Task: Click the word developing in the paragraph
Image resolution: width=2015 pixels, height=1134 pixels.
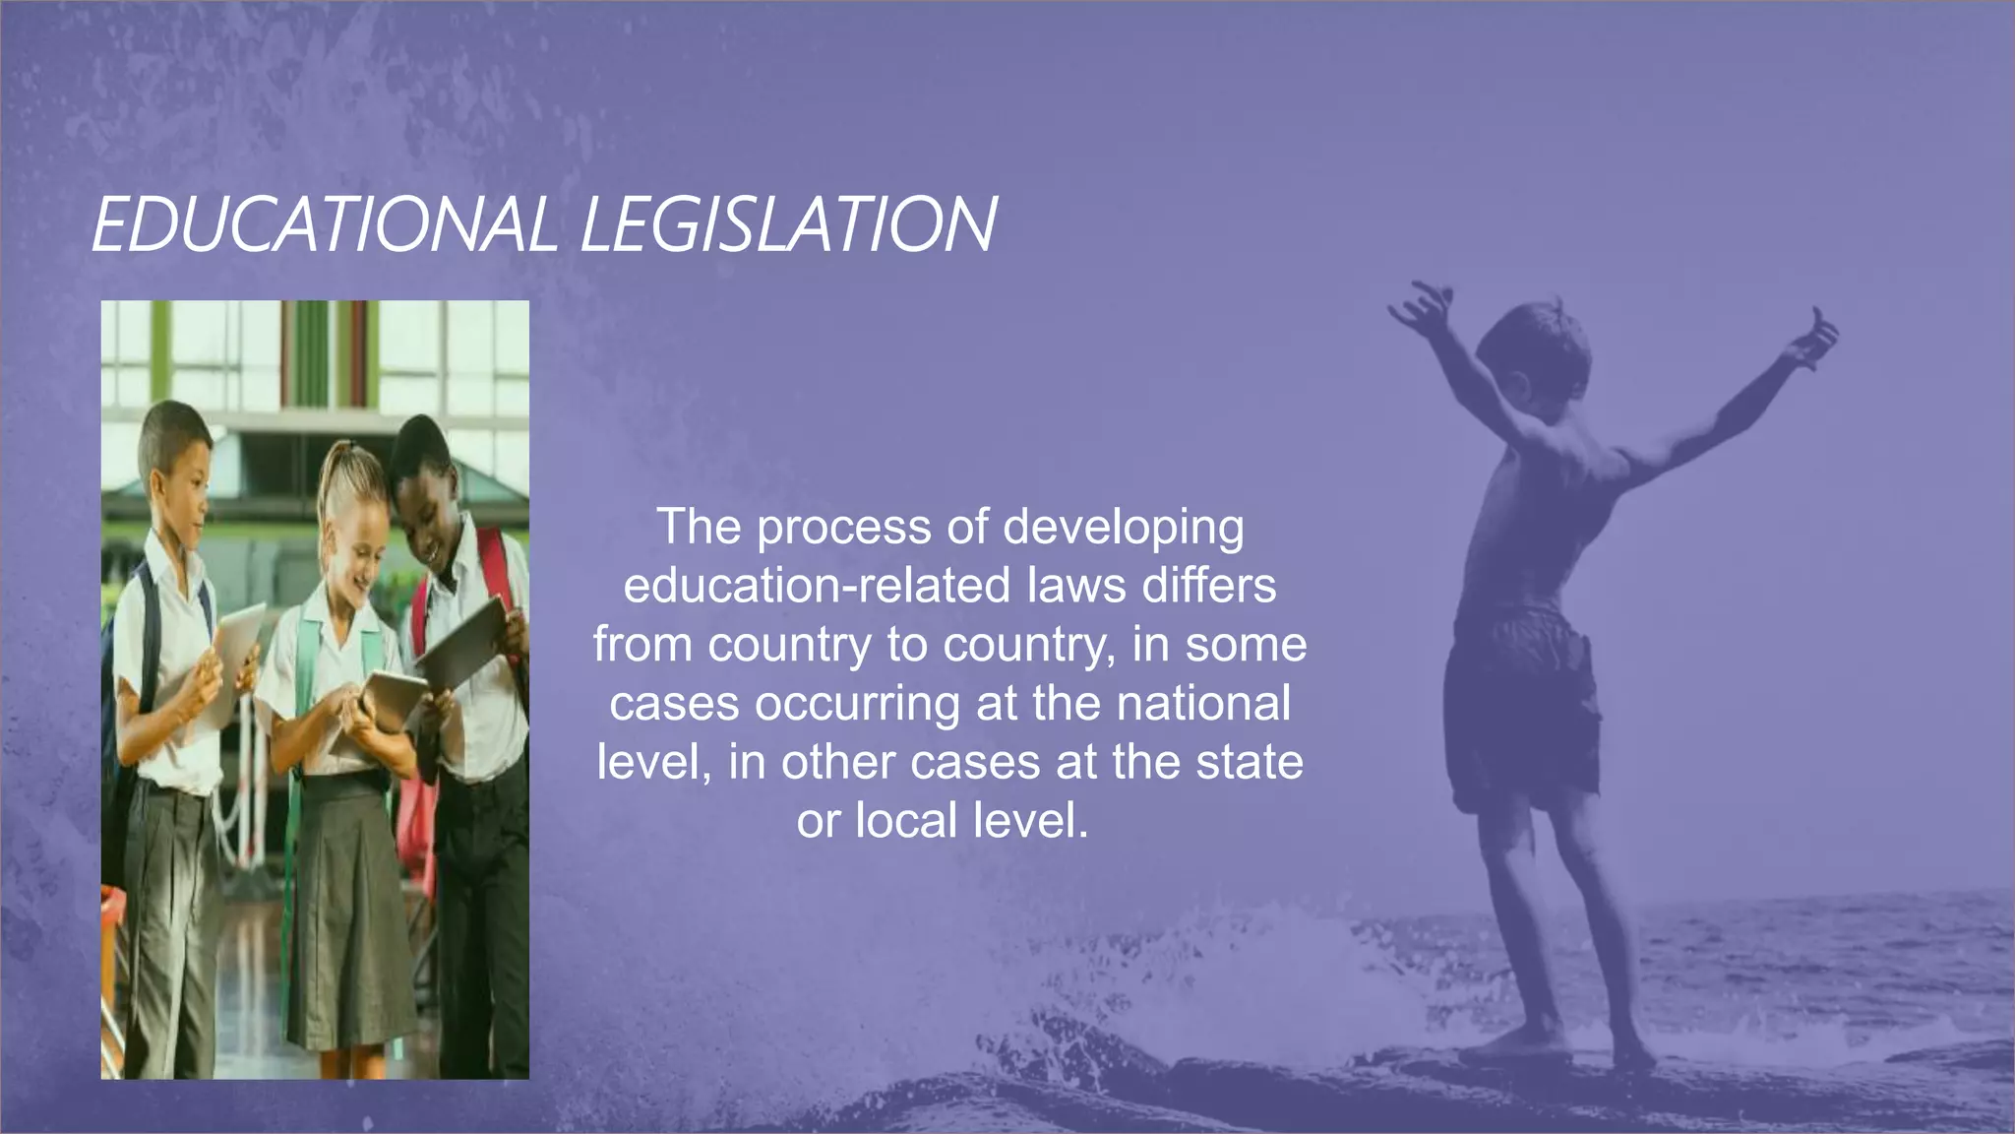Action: [x=1124, y=529]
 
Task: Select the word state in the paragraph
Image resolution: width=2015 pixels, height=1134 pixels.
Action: [x=1250, y=763]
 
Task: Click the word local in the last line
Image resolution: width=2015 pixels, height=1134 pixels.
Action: [x=905, y=821]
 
